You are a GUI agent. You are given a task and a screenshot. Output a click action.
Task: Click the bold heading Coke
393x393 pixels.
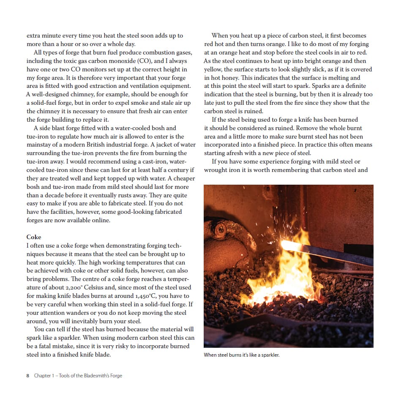pos(34,237)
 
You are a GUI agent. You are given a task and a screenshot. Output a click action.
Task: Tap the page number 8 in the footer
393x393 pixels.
pos(27,375)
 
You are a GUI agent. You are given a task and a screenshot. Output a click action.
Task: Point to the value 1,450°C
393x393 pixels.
pos(130,296)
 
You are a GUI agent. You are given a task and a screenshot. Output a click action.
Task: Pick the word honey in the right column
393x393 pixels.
pos(228,77)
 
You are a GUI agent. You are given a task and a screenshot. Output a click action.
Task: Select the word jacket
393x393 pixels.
pos(160,145)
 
